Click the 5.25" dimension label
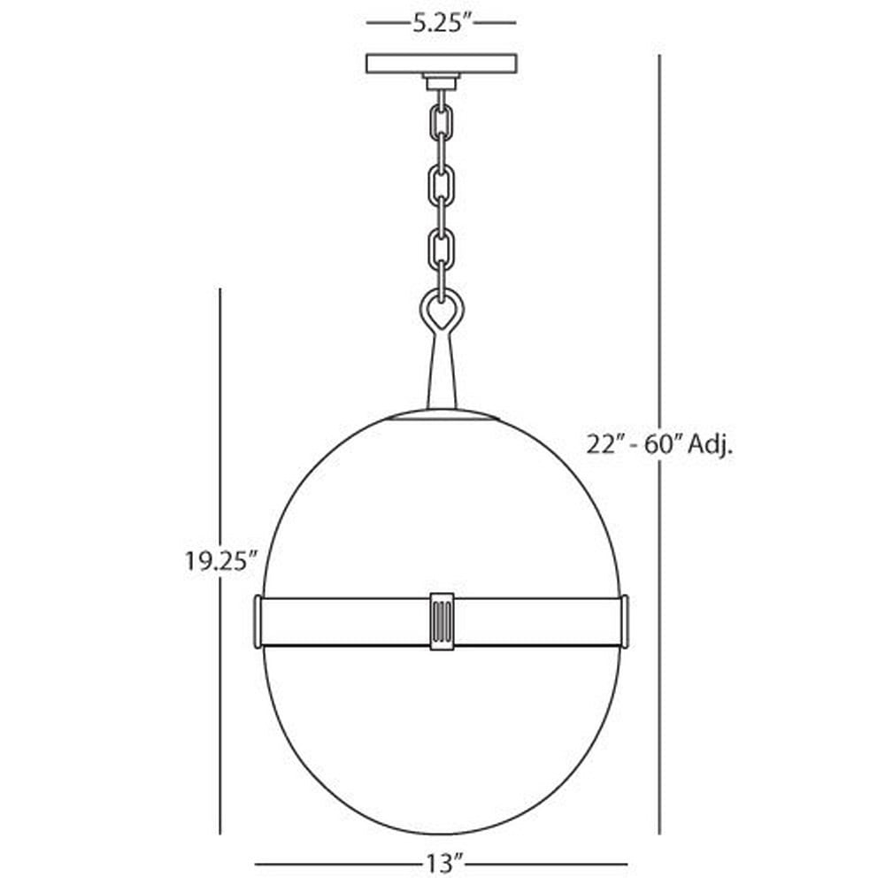pos(442,23)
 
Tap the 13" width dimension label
pos(442,863)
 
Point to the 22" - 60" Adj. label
pos(659,445)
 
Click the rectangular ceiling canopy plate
pos(442,64)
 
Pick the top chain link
pos(442,122)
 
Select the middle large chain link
pos(442,185)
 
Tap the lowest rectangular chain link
pos(442,249)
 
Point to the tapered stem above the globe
pos(442,373)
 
